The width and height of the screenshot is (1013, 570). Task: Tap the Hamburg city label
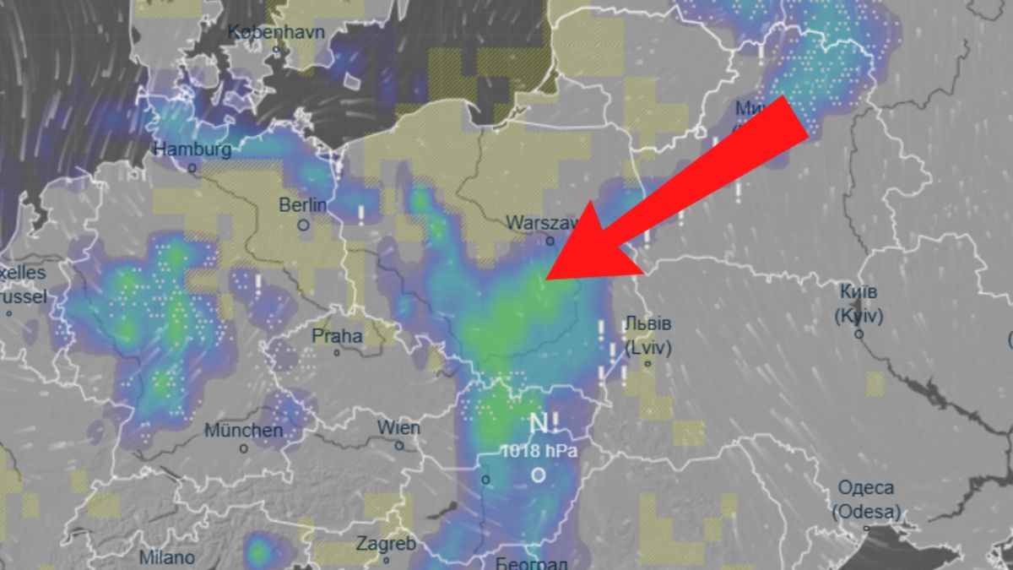coord(192,149)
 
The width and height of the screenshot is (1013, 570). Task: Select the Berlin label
coord(303,205)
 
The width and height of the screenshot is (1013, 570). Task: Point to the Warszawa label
coord(541,223)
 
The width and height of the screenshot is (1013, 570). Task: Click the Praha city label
coord(337,335)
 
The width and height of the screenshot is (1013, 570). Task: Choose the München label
coord(243,431)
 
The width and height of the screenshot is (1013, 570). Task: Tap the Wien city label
coord(398,426)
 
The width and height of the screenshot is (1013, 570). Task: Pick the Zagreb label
coord(386,544)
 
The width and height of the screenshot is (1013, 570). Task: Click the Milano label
coord(166,558)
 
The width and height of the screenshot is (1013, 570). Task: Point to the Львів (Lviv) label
coord(648,335)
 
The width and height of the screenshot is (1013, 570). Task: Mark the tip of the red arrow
coord(547,278)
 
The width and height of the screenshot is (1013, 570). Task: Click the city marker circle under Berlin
coord(303,225)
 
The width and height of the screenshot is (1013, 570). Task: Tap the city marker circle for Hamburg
coord(192,168)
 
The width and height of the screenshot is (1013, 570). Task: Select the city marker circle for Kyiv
coord(859,334)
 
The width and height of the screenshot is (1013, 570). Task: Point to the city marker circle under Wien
coord(399,444)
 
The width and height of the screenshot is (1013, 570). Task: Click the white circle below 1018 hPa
coord(539,475)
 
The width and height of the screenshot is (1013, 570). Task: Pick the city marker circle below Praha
coord(337,352)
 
